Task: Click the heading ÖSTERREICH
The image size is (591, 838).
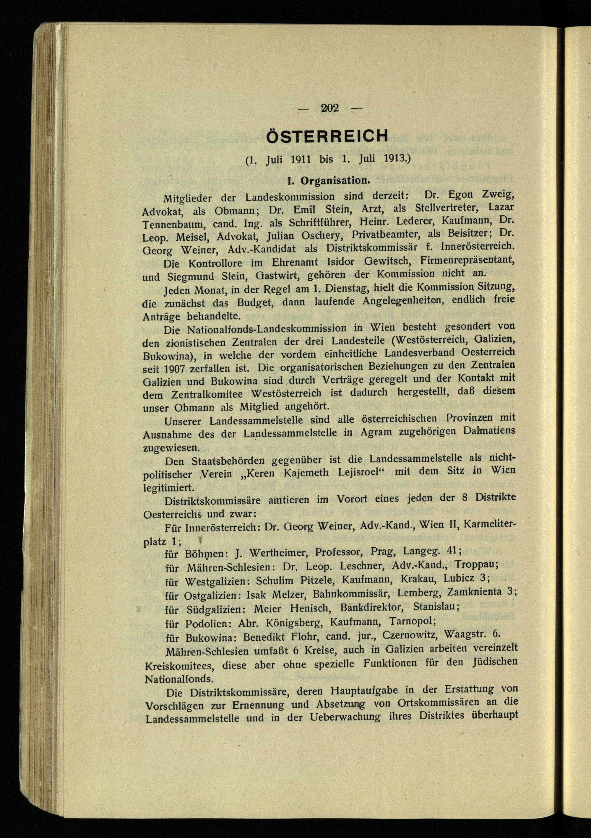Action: click(x=327, y=137)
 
